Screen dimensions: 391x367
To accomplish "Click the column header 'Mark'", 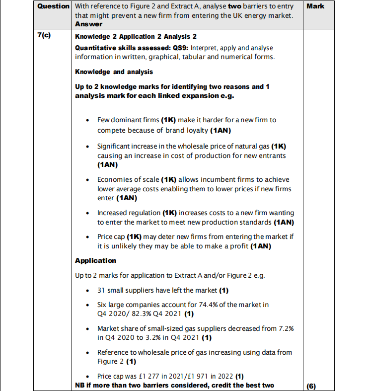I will pyautogui.click(x=316, y=6).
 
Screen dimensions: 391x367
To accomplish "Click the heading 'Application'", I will pyautogui.click(x=95, y=260).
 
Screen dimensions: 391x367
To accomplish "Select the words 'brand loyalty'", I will pyautogui.click(x=187, y=131).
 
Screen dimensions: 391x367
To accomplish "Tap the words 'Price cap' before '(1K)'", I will pyautogui.click(x=111, y=236).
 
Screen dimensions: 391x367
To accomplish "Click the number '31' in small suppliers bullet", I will pyautogui.click(x=101, y=290).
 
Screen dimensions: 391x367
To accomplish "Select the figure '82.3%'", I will pyautogui.click(x=147, y=313).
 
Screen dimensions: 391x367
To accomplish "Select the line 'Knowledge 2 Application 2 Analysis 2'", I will pyautogui.click(x=136, y=37).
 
